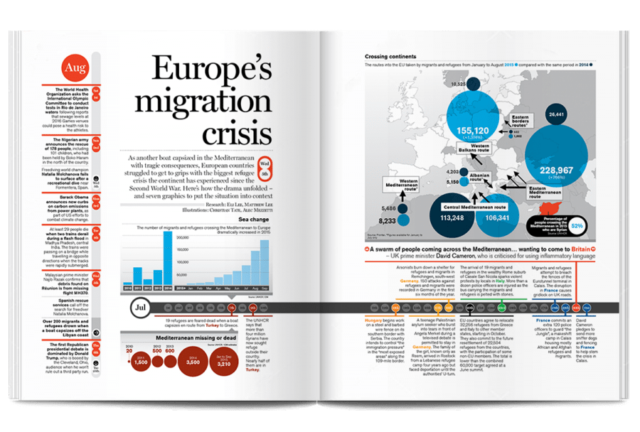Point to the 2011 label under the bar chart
[x=138, y=289]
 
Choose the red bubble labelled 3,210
[x=230, y=362]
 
